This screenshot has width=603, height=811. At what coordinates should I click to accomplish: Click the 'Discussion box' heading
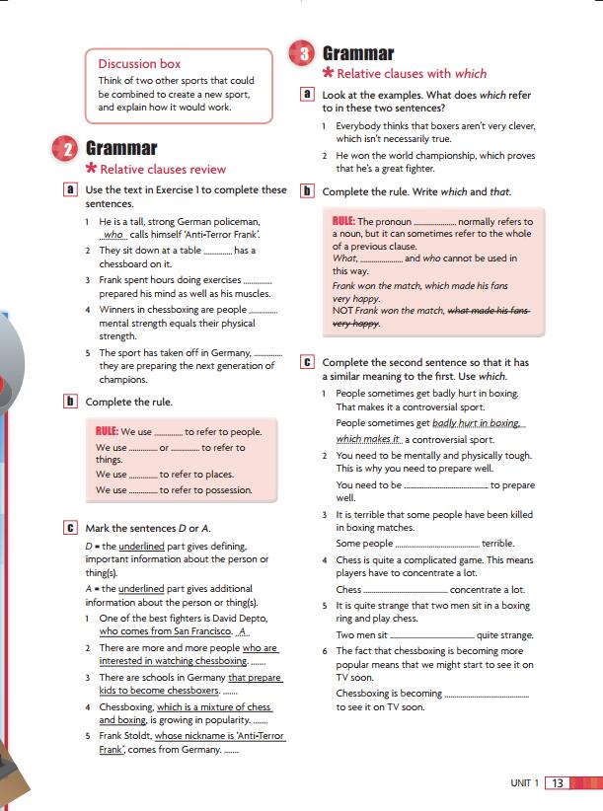(x=139, y=64)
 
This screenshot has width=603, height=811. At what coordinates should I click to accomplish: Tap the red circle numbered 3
(x=301, y=54)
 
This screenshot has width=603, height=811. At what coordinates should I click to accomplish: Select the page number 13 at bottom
(x=558, y=783)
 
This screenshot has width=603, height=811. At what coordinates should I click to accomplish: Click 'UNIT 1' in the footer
(x=524, y=783)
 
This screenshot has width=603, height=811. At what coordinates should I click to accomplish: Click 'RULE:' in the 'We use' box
(x=108, y=431)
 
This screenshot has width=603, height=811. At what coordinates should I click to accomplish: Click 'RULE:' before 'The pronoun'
(x=344, y=221)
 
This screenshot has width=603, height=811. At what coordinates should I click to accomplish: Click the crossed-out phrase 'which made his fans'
(x=489, y=311)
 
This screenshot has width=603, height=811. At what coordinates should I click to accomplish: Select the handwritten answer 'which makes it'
(x=368, y=439)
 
